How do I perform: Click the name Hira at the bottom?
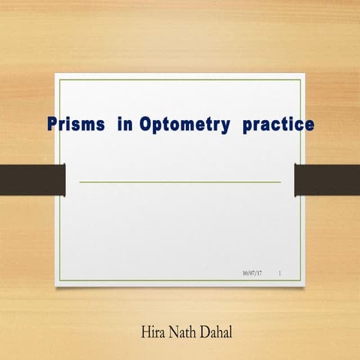tap(154, 330)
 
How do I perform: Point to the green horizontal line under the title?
tap(180, 181)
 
